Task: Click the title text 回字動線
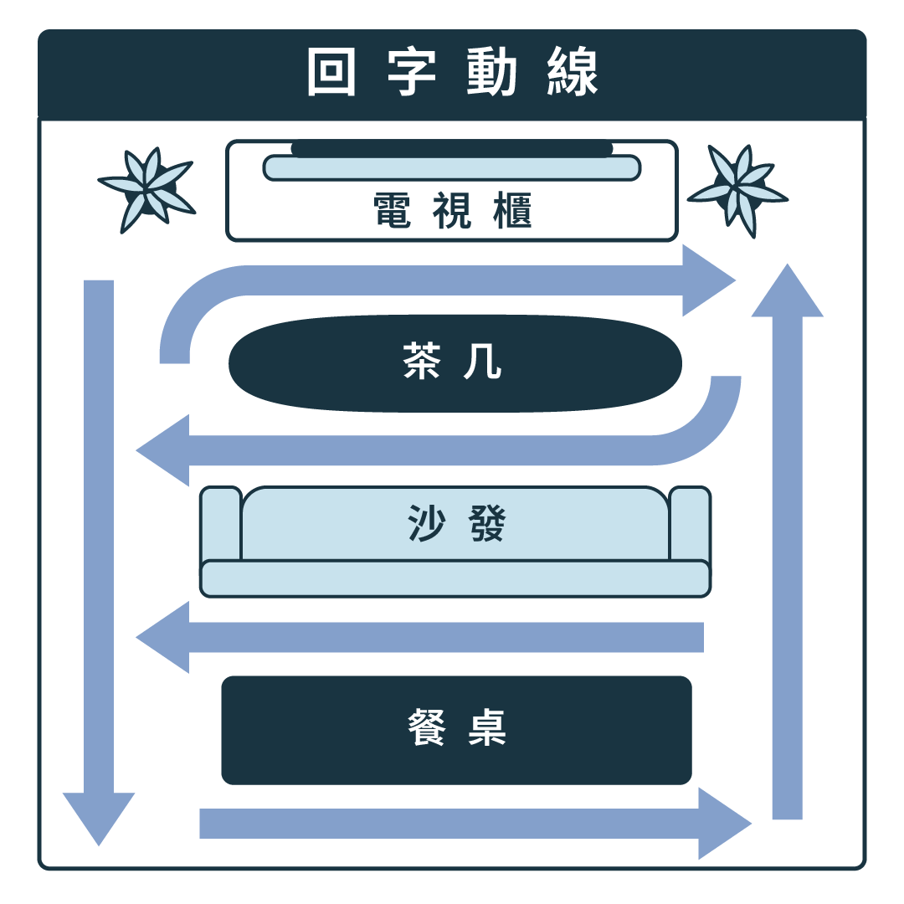(x=452, y=74)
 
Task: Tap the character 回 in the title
(x=331, y=74)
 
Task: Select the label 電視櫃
(x=452, y=212)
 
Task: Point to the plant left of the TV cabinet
(x=147, y=190)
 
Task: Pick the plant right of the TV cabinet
(x=737, y=190)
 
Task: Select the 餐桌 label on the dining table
(x=457, y=728)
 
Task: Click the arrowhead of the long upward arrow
(x=787, y=293)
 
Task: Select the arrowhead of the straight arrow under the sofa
(x=165, y=638)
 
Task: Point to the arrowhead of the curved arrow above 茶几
(x=706, y=280)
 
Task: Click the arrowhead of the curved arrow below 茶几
(x=165, y=450)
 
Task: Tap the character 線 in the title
(x=573, y=74)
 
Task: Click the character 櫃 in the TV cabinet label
(x=507, y=212)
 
